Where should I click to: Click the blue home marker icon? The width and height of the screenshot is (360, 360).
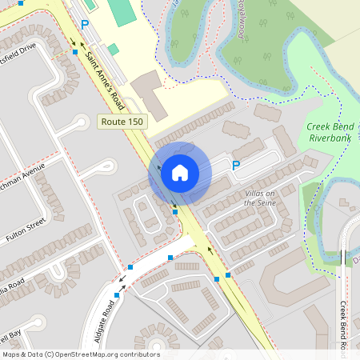tap(180, 173)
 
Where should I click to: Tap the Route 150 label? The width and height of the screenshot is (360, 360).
tap(124, 121)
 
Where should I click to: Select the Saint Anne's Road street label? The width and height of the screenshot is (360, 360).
tap(106, 78)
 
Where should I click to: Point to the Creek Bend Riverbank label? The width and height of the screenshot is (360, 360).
tap(330, 133)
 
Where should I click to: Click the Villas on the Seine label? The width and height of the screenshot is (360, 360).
tap(258, 198)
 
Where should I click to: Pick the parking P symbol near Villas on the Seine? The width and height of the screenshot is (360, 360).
tap(235, 166)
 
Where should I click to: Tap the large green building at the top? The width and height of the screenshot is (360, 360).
tap(122, 12)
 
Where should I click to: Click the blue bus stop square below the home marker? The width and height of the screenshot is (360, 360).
tap(174, 212)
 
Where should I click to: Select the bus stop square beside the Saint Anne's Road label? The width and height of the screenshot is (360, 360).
tap(74, 51)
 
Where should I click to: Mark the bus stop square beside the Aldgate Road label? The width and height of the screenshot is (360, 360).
tap(117, 295)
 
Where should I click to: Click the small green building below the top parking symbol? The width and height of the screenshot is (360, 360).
tap(114, 50)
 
